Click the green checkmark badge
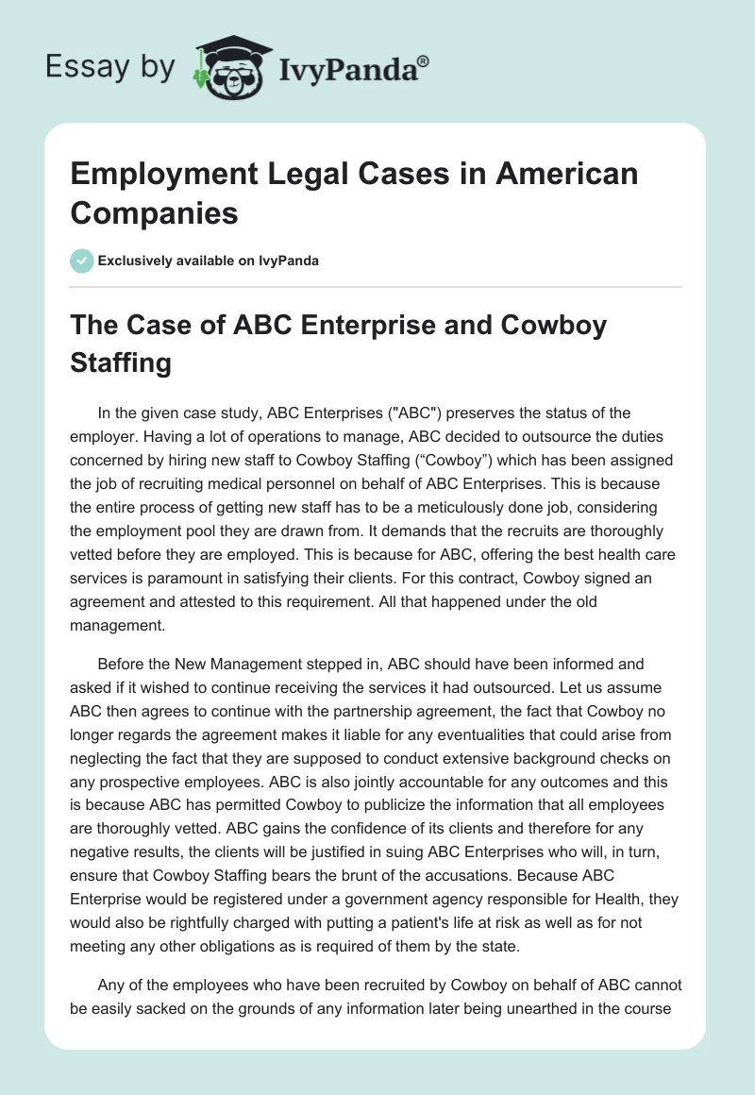coord(81,261)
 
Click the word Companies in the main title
coord(155,212)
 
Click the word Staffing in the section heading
coord(120,363)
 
